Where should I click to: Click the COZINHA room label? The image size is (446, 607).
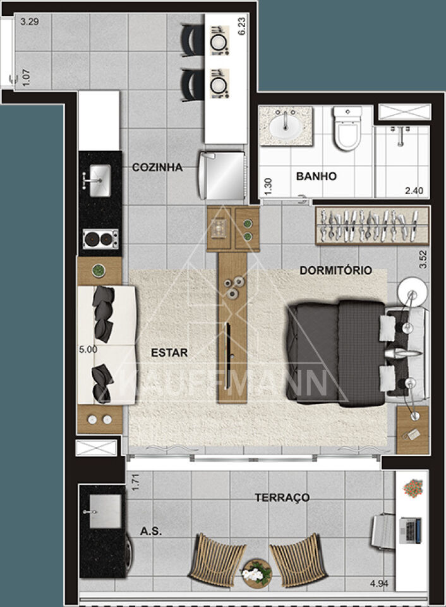point(157,167)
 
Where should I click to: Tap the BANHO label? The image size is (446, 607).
point(316,176)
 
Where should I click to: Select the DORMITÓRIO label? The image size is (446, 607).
point(335,270)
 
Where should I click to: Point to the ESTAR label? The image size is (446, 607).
point(169,353)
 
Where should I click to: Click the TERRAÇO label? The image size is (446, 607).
point(282,498)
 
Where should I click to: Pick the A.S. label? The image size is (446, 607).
point(151,532)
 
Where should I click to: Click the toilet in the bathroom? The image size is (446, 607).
point(347,128)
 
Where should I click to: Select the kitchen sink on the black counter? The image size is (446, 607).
point(99,180)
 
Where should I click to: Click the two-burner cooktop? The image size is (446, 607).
point(100,239)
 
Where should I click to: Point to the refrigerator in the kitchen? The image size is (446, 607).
point(222,175)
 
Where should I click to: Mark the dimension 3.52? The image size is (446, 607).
point(423,259)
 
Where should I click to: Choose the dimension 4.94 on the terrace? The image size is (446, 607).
point(378,584)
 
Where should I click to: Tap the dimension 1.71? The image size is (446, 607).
point(135,482)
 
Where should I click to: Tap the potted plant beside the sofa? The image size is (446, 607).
point(99,270)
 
